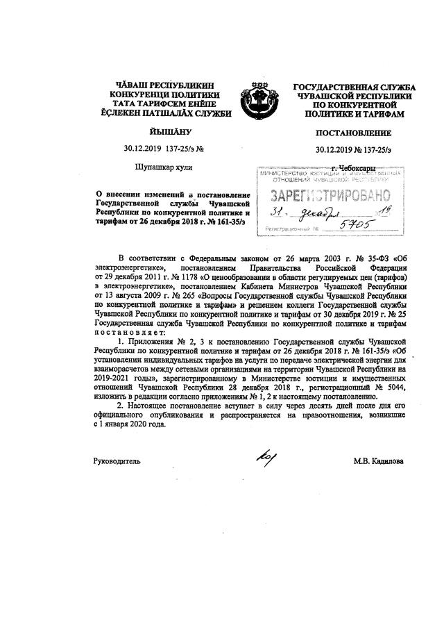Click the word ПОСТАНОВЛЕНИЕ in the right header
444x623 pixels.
pos(352,132)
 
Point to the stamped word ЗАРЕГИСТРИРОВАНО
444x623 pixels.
pos(325,194)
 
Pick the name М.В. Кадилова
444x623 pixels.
pos(377,460)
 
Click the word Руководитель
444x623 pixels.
pos(117,460)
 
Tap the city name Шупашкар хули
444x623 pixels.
pos(164,167)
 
